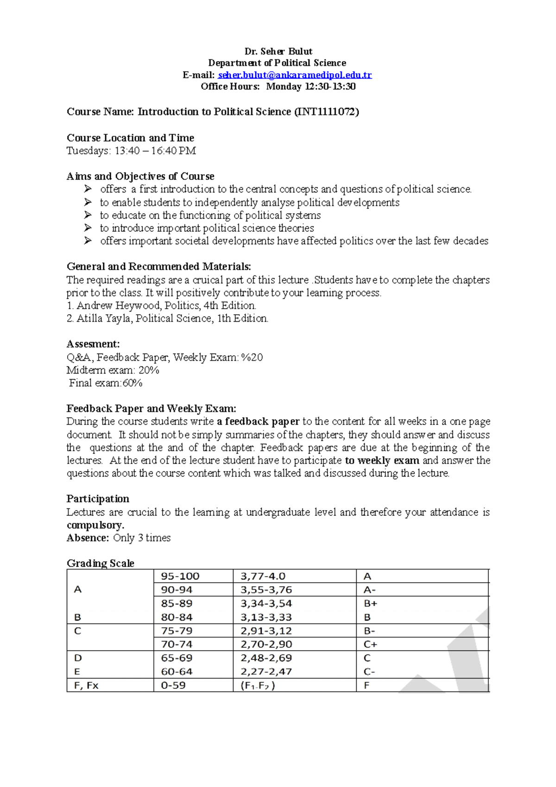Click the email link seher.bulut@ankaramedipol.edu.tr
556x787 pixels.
tap(295, 75)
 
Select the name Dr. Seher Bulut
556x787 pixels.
tap(278, 51)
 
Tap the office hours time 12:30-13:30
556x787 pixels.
tap(330, 87)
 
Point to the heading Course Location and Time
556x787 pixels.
tap(130, 138)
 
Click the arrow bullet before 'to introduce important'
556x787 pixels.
tap(88, 228)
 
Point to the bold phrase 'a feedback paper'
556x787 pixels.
tap(258, 422)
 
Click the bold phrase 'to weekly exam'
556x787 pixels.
tap(382, 461)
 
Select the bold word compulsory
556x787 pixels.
tap(95, 526)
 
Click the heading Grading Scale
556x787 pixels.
tap(101, 564)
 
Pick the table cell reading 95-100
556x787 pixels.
tap(180, 577)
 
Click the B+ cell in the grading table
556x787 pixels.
tap(371, 603)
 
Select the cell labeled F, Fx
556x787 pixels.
tap(86, 685)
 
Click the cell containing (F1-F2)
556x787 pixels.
tap(258, 685)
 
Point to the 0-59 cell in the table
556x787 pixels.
tap(173, 685)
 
